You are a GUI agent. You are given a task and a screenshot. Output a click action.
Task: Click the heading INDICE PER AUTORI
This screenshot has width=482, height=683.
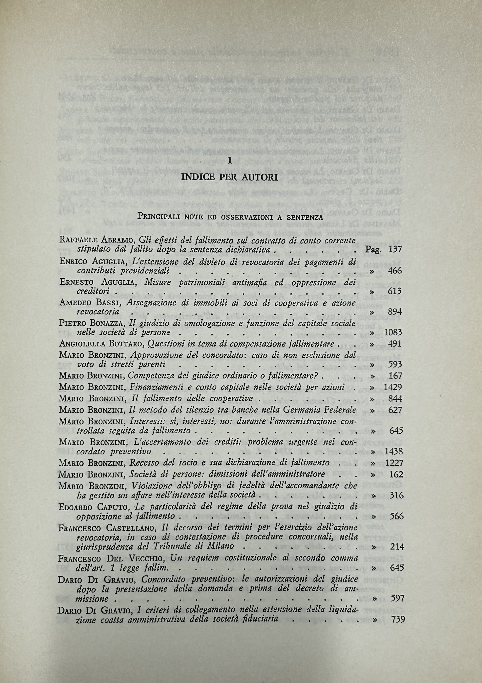coord(230,178)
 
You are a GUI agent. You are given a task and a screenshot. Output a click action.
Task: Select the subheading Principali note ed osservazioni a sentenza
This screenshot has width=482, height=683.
coord(230,217)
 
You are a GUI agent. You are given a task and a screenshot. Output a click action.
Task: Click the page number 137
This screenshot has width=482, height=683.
coord(395,249)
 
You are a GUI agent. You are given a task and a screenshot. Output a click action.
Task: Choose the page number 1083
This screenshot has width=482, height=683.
coord(393,332)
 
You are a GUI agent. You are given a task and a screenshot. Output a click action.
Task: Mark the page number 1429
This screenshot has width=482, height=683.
coord(393,387)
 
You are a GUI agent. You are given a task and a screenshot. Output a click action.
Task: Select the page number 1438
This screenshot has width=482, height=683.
coord(393,451)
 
